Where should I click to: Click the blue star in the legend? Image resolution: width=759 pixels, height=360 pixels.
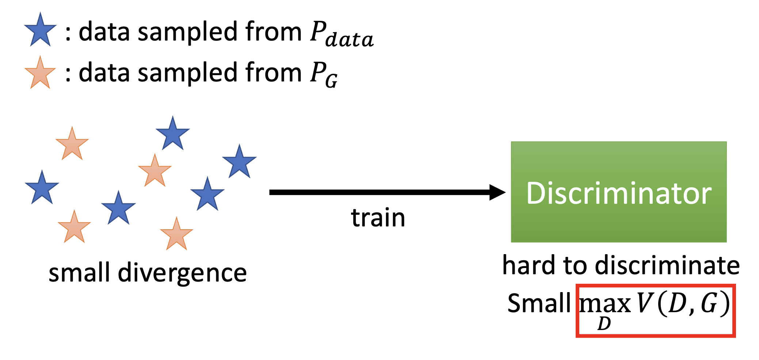coord(40,31)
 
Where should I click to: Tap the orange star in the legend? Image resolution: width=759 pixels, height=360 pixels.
coord(40,73)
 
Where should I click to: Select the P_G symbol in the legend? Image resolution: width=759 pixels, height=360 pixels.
coord(324,74)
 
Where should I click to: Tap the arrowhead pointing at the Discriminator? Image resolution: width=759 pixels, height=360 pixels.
coord(497,192)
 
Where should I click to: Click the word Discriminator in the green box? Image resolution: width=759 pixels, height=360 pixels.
coord(619,193)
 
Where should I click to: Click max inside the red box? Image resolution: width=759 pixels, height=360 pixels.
coord(605,304)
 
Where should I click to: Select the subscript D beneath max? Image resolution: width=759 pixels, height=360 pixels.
coord(604,323)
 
